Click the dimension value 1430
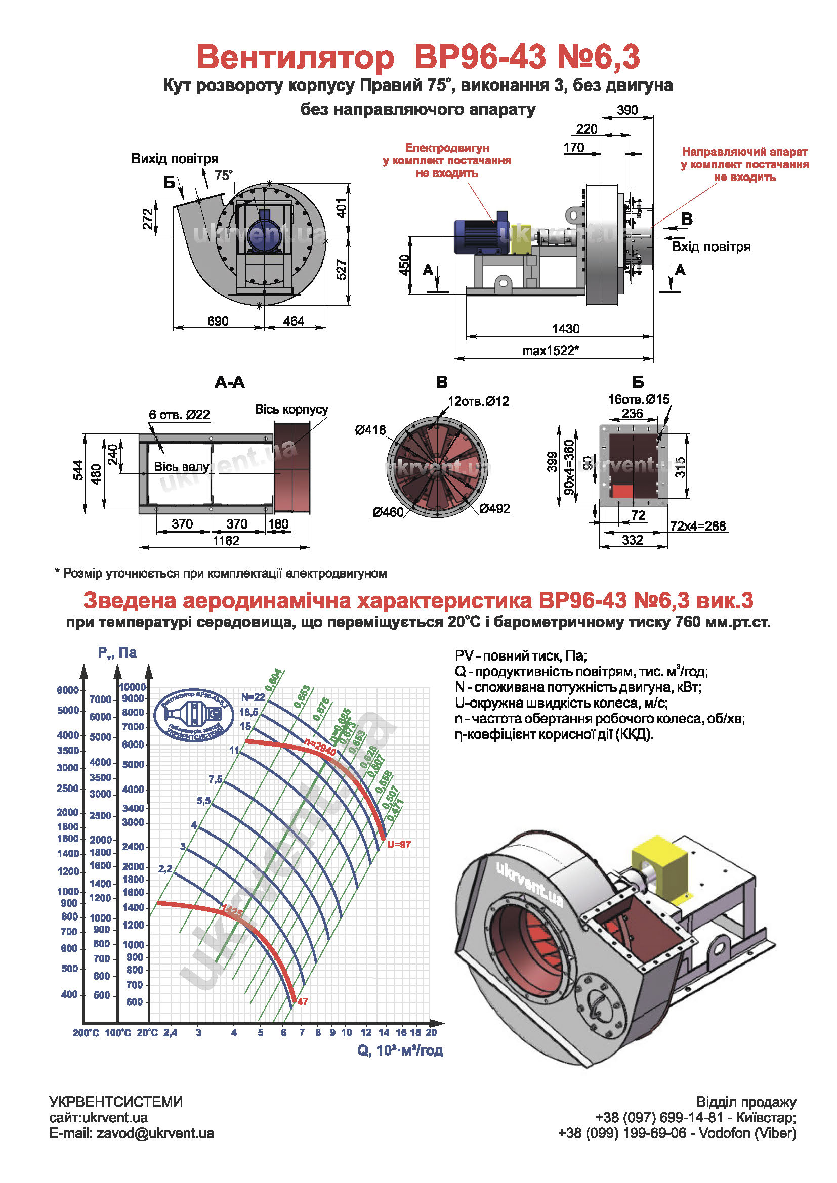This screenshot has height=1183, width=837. pos(565,329)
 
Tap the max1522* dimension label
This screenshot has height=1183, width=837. pos(550,351)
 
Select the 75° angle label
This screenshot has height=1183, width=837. pos(224,176)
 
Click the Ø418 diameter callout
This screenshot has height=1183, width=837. pos(369,430)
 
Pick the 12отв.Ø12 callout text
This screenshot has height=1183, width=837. pos(478,401)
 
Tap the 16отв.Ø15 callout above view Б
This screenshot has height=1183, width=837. pos(639,399)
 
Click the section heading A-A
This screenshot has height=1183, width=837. pos(229,382)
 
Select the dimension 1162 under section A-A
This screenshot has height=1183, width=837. pos(226,541)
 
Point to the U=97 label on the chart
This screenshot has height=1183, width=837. pos(399,845)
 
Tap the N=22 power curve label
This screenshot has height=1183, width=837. pos(253,697)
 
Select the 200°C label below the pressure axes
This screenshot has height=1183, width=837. pos(86,1033)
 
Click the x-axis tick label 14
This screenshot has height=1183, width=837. pos(384,1033)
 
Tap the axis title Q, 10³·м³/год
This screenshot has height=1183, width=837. pos(400,1050)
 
